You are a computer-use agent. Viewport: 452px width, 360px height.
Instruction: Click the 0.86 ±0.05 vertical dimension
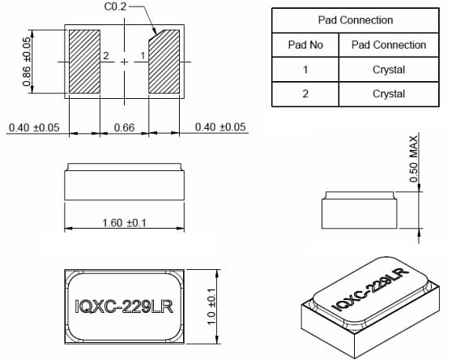point(27,62)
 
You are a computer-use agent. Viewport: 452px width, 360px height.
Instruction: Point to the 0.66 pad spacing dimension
point(124,126)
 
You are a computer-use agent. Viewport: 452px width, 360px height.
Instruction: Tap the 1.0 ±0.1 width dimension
point(211,307)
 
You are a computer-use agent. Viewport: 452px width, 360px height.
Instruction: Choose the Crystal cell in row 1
point(388,70)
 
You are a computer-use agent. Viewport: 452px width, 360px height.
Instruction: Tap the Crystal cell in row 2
point(388,94)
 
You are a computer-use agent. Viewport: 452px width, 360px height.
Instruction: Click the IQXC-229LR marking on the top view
point(125,307)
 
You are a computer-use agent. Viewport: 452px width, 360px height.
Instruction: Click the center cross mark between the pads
point(124,62)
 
